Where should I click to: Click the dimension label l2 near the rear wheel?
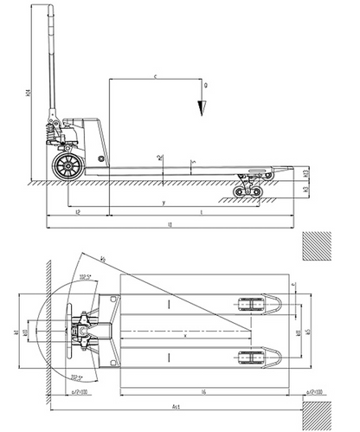point(79,210)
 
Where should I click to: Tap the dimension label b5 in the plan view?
point(306,332)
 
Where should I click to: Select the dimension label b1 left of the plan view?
point(16,332)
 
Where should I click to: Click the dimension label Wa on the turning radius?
point(102,257)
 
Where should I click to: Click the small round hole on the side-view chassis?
point(100,159)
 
